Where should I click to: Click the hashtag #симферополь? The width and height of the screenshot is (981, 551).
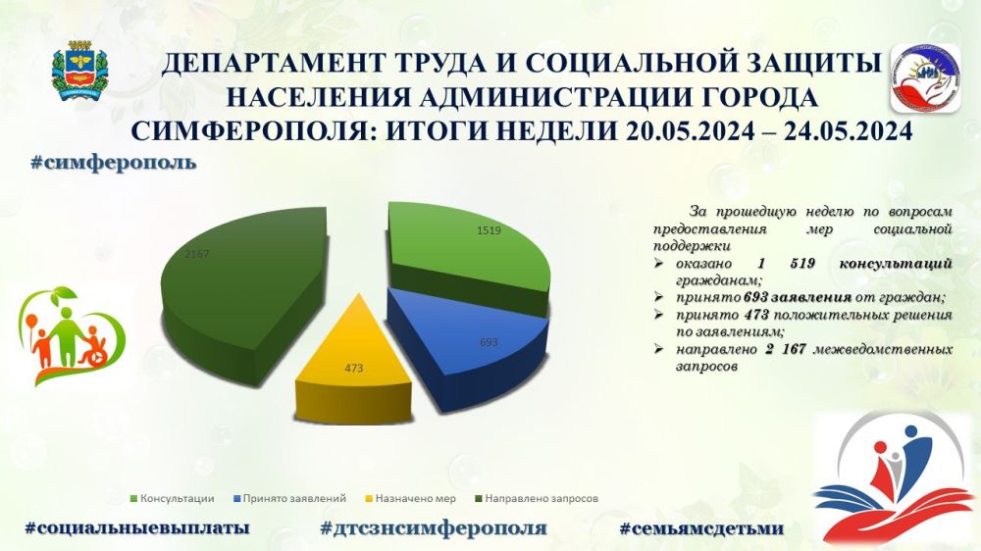tap(113, 162)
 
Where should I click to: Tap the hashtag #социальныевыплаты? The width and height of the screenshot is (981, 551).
tap(136, 527)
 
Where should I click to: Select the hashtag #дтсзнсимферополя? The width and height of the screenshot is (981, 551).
tap(433, 527)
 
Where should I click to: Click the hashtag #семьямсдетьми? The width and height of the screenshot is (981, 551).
tap(701, 527)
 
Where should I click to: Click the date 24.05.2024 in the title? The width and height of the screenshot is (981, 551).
tap(843, 130)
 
